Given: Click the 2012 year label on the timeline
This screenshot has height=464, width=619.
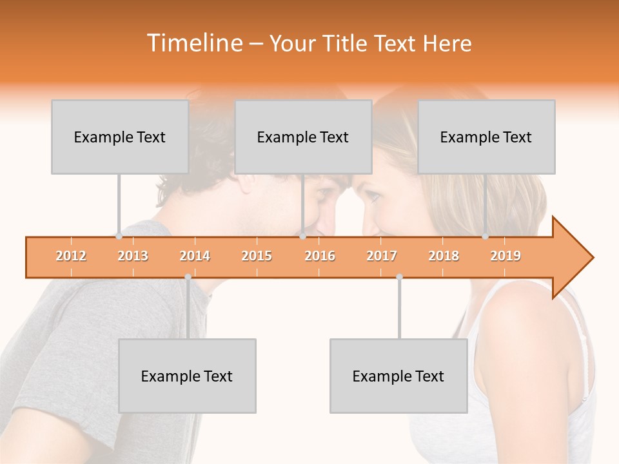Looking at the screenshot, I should point(71,256).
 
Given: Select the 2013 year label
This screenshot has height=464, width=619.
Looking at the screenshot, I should point(133,256).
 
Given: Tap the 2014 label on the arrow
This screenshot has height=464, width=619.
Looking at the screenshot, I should point(195,256).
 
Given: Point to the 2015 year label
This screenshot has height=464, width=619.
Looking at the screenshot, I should point(257,256).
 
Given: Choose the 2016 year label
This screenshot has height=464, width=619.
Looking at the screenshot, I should point(320,256).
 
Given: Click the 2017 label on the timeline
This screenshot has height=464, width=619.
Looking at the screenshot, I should point(382,256).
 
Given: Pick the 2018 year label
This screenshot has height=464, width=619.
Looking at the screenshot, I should point(444,256).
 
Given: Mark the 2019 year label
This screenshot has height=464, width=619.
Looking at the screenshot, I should point(506,256).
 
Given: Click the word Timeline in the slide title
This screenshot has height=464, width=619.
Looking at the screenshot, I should point(194,43).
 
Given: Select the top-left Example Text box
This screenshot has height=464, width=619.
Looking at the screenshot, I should point(120,137).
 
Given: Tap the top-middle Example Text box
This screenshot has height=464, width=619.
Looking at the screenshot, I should point(303,137).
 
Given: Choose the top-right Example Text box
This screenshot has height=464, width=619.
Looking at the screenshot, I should point(486,137).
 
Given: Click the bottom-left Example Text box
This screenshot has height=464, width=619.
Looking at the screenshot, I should point(187,376).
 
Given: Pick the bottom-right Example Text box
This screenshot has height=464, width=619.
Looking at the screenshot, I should point(398,376).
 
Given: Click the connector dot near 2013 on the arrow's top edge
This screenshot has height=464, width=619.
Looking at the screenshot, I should point(119,237).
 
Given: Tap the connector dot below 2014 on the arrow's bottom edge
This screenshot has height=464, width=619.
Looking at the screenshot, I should point(188,277).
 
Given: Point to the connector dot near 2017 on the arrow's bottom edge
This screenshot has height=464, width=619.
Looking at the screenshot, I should point(399,277).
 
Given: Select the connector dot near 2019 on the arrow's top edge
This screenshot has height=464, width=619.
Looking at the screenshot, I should point(485,237).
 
